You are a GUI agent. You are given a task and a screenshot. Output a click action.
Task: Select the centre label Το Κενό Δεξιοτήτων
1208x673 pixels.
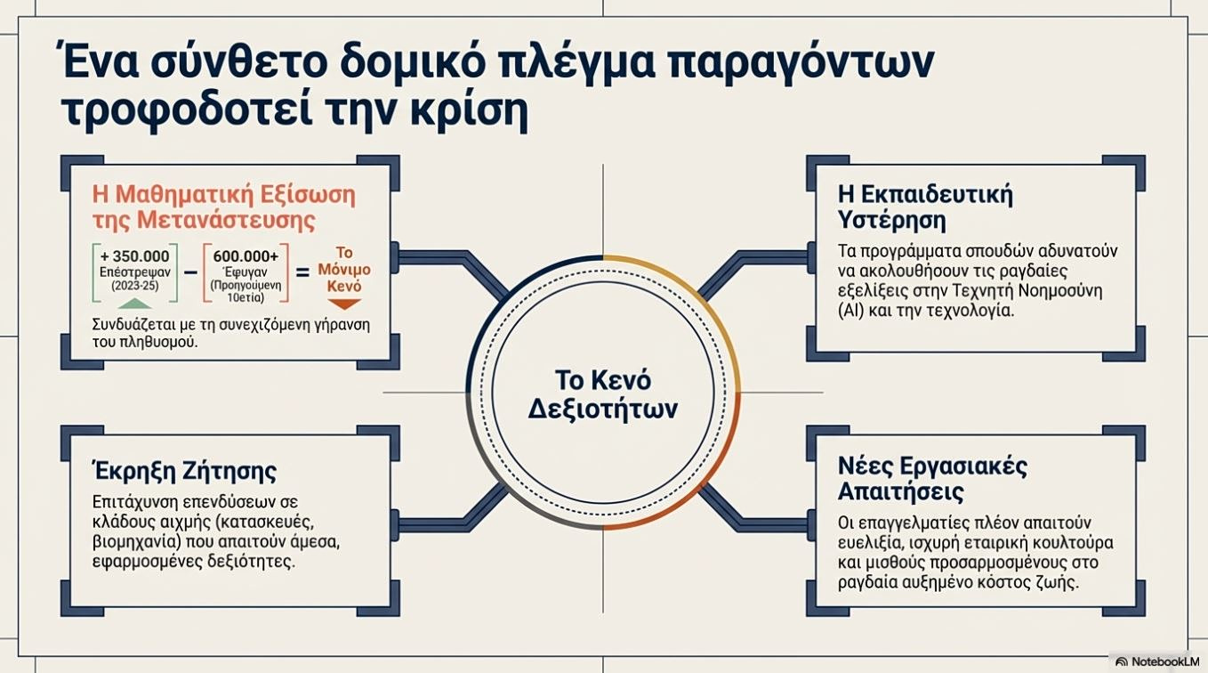603,394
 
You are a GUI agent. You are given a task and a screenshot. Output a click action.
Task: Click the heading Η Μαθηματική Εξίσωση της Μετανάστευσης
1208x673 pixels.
223,206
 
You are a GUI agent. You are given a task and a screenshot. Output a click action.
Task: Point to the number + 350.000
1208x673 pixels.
134,256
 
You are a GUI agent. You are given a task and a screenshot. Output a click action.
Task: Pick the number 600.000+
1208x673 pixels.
246,256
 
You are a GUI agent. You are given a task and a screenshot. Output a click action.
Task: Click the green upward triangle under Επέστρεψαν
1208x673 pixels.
134,304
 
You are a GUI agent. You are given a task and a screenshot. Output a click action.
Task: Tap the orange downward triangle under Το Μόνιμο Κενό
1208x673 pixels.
345,304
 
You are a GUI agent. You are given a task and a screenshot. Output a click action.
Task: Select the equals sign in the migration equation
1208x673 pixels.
302,273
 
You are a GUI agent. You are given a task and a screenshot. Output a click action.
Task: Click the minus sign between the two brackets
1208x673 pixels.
189,273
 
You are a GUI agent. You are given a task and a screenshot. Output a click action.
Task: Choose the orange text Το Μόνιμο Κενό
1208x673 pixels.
345,270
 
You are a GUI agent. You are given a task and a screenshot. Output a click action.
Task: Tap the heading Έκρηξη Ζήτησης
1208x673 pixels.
184,470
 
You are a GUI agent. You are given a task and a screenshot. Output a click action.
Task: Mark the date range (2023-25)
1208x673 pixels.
134,285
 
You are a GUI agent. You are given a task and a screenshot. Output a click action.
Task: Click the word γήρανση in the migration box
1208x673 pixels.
336,324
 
